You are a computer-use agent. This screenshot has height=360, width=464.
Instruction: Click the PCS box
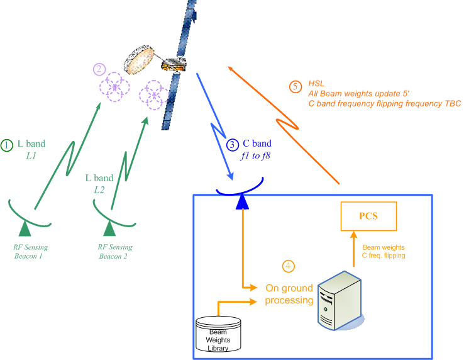(x=368, y=216)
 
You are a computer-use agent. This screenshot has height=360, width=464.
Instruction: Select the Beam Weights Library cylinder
(x=218, y=334)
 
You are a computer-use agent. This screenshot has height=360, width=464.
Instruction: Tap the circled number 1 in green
(x=7, y=145)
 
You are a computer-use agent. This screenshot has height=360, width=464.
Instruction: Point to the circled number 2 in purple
(x=99, y=69)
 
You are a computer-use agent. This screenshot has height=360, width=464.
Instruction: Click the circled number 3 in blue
(x=233, y=144)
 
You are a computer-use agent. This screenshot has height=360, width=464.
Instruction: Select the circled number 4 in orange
(x=289, y=267)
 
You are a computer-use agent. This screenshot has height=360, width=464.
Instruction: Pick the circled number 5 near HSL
(x=296, y=87)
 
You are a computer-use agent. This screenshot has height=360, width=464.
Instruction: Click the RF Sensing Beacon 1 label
(x=30, y=252)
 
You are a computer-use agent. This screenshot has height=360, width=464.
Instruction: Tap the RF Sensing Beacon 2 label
(x=116, y=252)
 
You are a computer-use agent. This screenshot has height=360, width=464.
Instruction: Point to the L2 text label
(x=99, y=189)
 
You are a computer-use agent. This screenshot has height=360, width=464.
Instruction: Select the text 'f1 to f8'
(x=255, y=155)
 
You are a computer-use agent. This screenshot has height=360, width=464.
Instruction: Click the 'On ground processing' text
(x=289, y=295)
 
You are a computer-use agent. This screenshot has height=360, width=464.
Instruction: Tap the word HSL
(x=316, y=83)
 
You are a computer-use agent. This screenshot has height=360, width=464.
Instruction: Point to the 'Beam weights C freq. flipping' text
(x=384, y=252)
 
